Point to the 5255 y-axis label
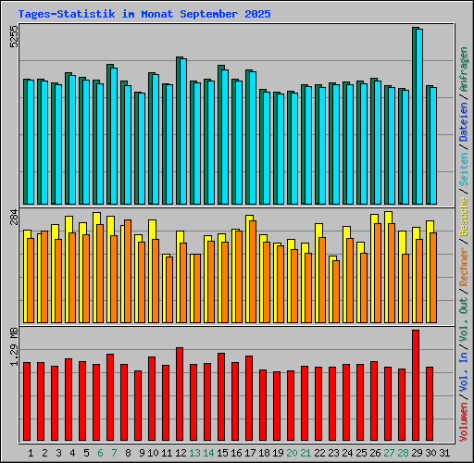tap(13, 36)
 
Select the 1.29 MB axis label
tap(13, 347)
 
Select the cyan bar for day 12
tap(182, 130)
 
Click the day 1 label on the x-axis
tap(31, 453)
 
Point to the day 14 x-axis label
tap(208, 453)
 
